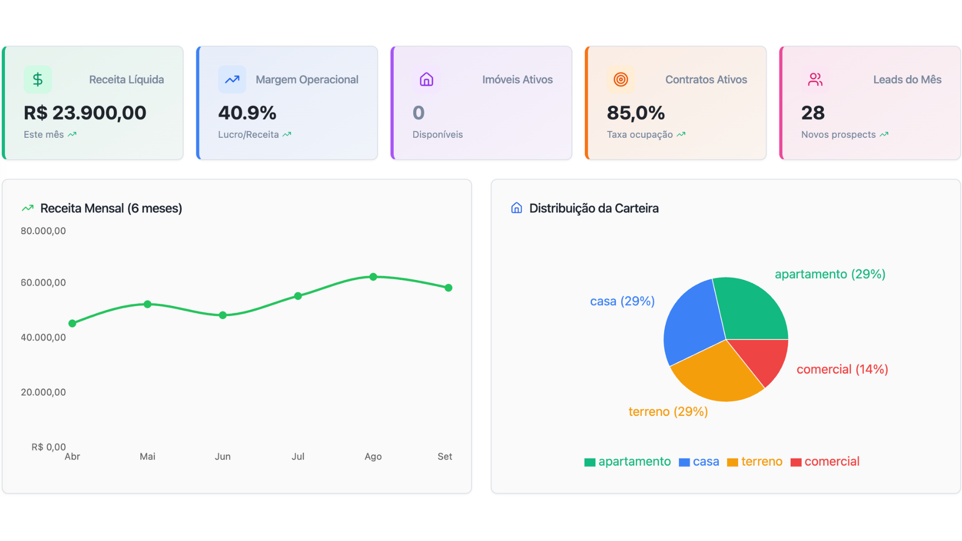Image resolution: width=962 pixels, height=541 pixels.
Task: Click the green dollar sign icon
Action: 38,80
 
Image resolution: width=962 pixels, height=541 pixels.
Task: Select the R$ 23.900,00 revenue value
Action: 85,113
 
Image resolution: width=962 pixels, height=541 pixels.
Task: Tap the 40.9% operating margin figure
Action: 247,113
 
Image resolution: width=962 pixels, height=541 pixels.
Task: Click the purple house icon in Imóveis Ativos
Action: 426,80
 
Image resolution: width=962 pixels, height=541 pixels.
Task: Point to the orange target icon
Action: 621,80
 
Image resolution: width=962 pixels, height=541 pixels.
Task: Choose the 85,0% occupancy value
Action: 636,113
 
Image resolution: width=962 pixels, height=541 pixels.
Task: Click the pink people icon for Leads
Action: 815,80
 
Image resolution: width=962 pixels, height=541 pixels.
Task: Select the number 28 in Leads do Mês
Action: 813,113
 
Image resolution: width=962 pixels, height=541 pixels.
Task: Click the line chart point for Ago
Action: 373,277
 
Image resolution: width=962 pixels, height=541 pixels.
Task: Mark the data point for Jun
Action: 223,315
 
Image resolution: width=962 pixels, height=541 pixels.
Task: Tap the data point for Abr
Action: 72,324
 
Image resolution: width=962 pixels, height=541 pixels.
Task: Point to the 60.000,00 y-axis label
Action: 43,283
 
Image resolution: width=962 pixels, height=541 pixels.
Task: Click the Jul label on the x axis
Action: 298,456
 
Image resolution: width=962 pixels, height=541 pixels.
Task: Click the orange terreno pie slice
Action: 716,376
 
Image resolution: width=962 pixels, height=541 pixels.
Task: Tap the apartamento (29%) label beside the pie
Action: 830,274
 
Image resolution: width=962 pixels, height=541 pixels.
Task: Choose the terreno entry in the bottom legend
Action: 755,461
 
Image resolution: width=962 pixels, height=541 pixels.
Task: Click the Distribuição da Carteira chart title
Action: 594,208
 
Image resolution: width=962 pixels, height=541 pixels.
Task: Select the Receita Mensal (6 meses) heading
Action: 111,208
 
